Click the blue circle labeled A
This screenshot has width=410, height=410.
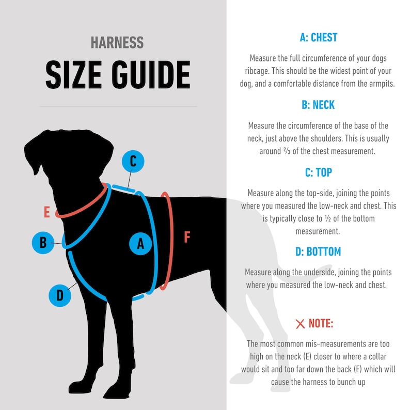pyautogui.click(x=140, y=244)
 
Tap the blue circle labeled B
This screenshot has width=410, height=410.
pyautogui.click(x=43, y=242)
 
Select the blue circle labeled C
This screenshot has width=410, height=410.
pyautogui.click(x=133, y=161)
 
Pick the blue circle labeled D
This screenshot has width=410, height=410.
pyautogui.click(x=60, y=295)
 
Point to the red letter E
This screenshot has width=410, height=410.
pyautogui.click(x=47, y=212)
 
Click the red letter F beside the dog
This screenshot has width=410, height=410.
pyautogui.click(x=187, y=237)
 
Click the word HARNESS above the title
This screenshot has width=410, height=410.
pyautogui.click(x=117, y=43)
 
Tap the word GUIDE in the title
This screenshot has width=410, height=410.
pyautogui.click(x=151, y=75)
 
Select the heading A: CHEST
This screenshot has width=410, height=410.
pyautogui.click(x=319, y=37)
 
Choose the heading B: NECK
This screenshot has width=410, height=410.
pyautogui.click(x=318, y=105)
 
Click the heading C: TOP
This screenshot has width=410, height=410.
pyautogui.click(x=319, y=172)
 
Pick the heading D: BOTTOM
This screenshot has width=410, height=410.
pyautogui.click(x=318, y=251)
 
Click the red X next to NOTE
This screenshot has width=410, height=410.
pyautogui.click(x=300, y=324)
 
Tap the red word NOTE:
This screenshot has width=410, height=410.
pyautogui.click(x=321, y=323)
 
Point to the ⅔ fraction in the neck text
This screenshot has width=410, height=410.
pyautogui.click(x=287, y=151)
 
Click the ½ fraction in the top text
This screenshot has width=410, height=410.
pyautogui.click(x=327, y=218)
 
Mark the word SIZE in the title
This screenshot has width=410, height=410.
pyautogui.click(x=74, y=75)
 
